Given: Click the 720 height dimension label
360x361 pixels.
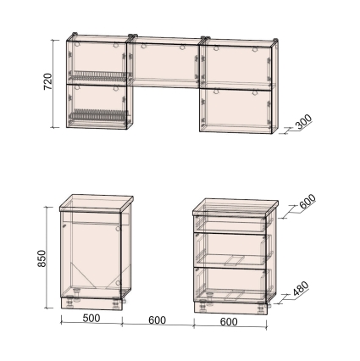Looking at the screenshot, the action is (x=48, y=81).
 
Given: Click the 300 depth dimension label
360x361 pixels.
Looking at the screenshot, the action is (x=303, y=121).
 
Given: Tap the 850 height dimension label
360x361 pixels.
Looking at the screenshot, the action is (x=42, y=258).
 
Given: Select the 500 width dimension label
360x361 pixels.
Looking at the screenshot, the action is (x=91, y=318).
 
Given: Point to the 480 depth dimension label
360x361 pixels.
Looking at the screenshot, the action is (x=301, y=288).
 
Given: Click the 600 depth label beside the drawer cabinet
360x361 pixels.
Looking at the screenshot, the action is (x=307, y=201).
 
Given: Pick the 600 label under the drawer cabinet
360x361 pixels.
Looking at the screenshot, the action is (x=229, y=322).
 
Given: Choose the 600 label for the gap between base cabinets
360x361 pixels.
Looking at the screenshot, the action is (x=157, y=320).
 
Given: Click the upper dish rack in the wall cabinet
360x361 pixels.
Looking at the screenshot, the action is (x=98, y=76).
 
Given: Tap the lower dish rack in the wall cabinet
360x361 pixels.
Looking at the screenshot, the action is (x=97, y=116).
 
